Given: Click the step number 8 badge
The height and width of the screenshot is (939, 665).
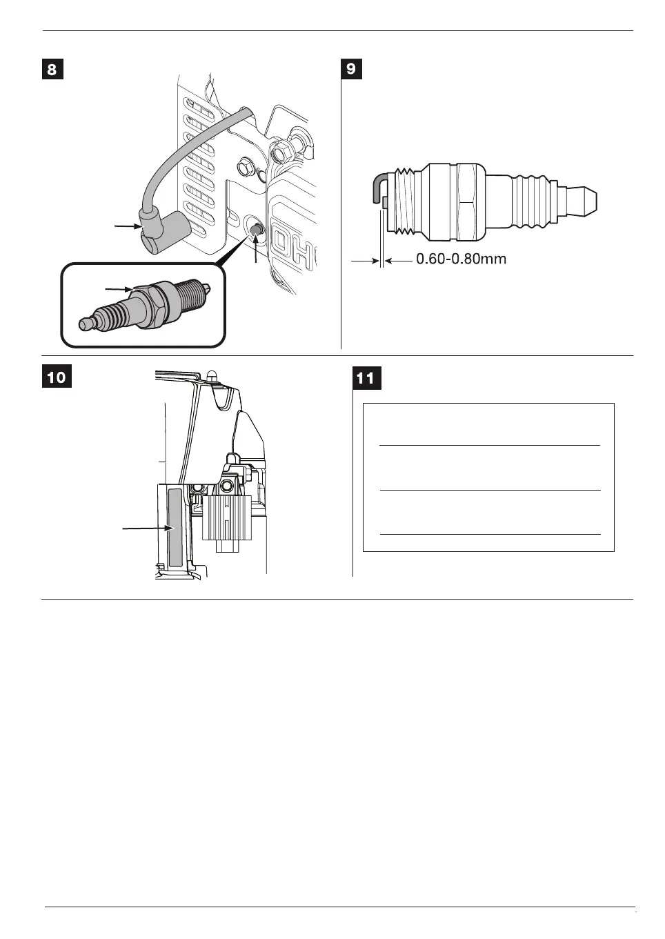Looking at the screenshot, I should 52,70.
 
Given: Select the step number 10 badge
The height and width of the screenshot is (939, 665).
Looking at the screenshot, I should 57,378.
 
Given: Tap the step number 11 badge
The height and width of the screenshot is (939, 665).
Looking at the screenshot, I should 364,379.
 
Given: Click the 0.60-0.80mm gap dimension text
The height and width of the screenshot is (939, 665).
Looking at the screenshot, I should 461,260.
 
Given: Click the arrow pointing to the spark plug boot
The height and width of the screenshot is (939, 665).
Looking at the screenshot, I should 125,224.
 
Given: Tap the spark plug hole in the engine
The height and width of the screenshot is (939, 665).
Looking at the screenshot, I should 256,227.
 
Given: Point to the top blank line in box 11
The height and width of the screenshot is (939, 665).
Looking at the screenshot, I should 490,446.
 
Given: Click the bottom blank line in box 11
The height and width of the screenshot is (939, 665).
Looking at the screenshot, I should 490,534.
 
